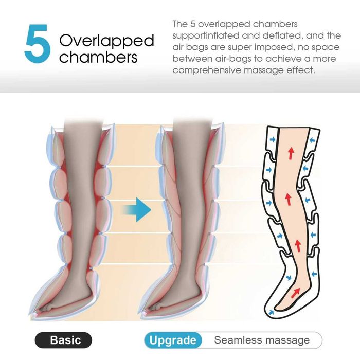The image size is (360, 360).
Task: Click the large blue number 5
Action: tap(37, 44)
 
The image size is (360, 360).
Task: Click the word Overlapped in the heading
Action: tap(106, 41)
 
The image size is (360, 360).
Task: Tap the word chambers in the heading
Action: tap(98, 57)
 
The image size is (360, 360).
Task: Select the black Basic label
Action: tap(63, 340)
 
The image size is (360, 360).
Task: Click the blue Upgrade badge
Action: tap(173, 340)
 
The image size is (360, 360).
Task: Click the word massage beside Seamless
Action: tap(283, 340)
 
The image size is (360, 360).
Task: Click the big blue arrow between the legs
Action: tap(137, 209)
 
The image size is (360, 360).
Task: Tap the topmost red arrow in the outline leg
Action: tap(291, 153)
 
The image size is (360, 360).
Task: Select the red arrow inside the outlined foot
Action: tap(295, 293)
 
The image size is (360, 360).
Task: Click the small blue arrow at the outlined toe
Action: tap(271, 312)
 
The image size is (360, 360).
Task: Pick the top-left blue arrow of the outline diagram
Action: tap(272, 139)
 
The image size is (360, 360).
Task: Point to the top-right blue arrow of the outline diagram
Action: tap(312, 140)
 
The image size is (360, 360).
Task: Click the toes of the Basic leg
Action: tap(47, 308)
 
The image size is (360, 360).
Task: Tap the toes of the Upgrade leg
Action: tap(157, 308)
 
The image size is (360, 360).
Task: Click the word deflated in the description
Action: tap(281, 35)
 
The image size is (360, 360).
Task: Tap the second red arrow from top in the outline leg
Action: tap(288, 200)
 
